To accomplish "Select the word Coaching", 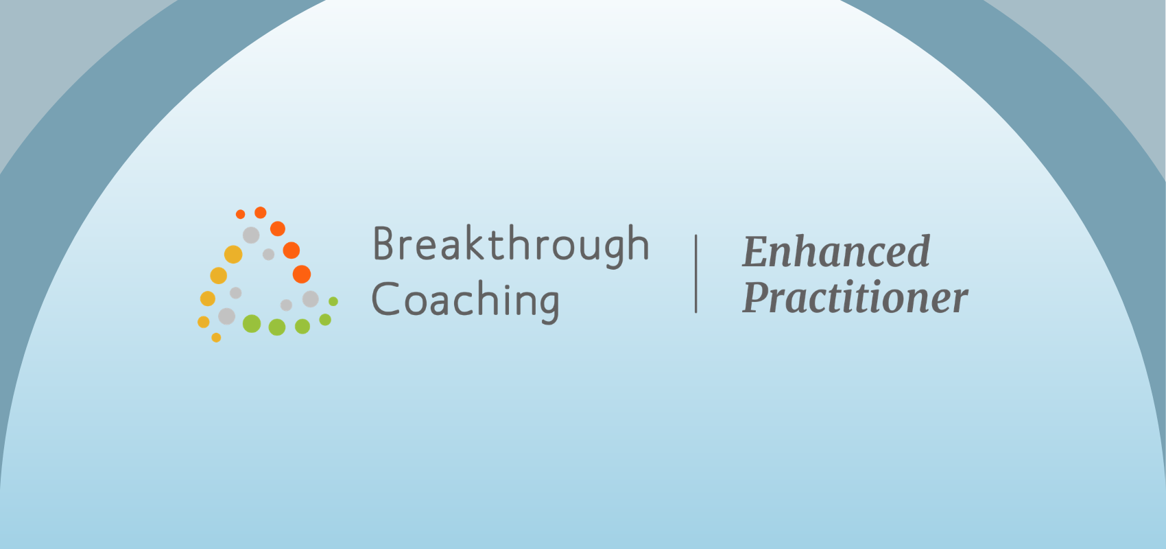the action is pos(465,301).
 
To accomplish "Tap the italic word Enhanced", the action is pos(836,251).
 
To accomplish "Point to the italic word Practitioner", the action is pos(855,297).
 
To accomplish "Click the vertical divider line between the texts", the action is pos(696,274).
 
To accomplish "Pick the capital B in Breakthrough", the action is pos(385,243).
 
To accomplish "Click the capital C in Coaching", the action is pos(385,299).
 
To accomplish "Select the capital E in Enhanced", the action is pos(757,251).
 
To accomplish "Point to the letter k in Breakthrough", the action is pos(474,242).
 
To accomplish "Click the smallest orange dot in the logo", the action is pos(241,214).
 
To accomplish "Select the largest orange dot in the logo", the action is pos(302,274).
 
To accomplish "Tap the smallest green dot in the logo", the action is pos(333,301).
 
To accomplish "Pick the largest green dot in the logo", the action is pos(252,323).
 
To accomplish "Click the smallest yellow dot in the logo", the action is pos(217,338).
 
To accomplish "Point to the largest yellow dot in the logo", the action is pos(233,254).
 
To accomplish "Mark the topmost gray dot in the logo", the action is pos(251,235).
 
